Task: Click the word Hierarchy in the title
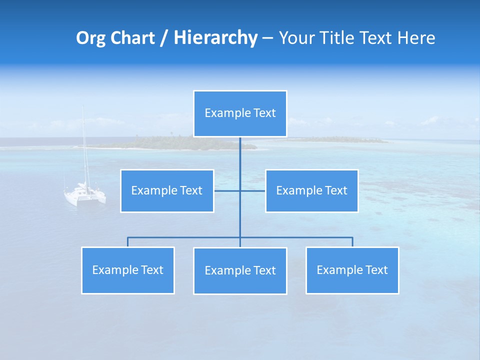click(215, 38)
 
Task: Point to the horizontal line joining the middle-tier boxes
click(227, 190)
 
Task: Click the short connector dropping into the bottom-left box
click(128, 242)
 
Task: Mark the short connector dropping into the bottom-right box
click(352, 242)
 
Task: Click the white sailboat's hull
click(84, 196)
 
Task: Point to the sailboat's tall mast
click(83, 145)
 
